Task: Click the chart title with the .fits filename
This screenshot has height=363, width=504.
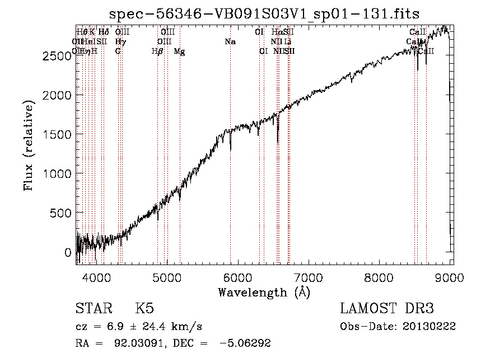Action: point(264,13)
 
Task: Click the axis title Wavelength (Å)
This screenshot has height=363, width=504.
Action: point(264,292)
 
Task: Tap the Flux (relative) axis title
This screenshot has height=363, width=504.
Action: point(29,144)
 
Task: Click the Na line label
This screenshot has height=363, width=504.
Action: point(230,42)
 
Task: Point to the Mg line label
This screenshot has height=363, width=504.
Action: point(179,51)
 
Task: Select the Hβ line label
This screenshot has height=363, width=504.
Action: point(157,51)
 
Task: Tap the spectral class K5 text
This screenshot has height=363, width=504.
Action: point(144,309)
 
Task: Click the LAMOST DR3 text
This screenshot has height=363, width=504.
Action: point(386,309)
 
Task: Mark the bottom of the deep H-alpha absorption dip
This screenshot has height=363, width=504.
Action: point(278,144)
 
